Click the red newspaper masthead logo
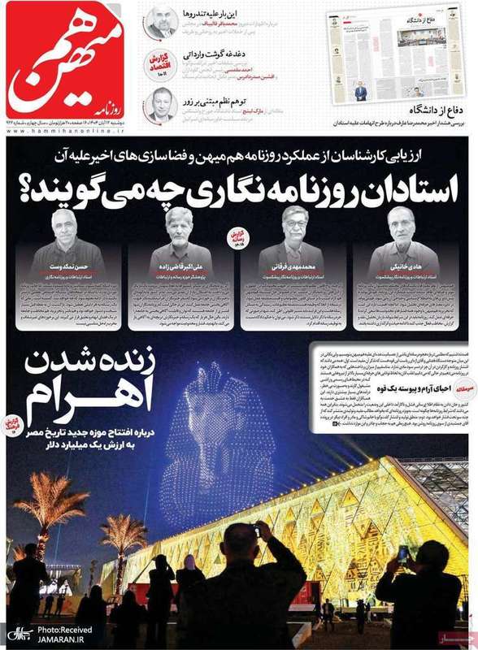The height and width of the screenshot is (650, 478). pyautogui.click(x=69, y=61)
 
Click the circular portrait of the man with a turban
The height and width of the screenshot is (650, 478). pyautogui.click(x=160, y=22)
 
